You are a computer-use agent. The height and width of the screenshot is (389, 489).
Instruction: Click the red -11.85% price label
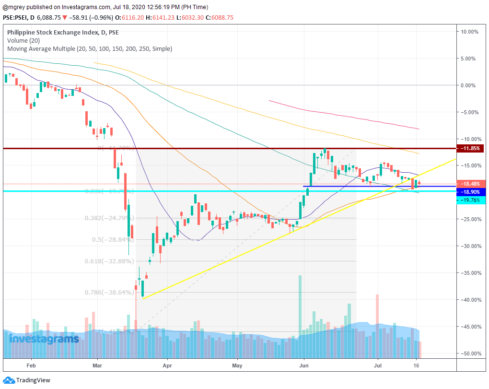[472, 149]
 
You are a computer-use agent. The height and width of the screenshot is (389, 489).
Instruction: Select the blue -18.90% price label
[472, 192]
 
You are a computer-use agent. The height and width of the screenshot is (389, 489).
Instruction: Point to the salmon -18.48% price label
[472, 184]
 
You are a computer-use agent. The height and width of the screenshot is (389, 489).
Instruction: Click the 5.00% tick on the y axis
[470, 59]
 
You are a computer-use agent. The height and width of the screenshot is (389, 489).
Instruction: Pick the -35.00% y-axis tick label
[470, 273]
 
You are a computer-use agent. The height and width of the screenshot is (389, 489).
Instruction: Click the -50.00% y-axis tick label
[470, 354]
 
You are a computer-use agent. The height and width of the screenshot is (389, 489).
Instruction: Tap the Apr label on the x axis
[167, 365]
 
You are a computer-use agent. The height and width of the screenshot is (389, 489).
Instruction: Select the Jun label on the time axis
[304, 365]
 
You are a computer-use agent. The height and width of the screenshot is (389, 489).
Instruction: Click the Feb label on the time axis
[32, 365]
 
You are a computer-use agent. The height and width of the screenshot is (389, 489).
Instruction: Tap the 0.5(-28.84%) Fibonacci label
[112, 239]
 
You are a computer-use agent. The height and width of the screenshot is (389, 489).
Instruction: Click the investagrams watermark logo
[44, 339]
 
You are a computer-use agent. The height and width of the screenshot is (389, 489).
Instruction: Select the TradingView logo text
[33, 380]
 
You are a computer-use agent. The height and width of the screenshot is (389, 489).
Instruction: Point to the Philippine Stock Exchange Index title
[63, 33]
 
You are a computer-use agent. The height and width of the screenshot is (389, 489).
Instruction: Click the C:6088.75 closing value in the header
[218, 17]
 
